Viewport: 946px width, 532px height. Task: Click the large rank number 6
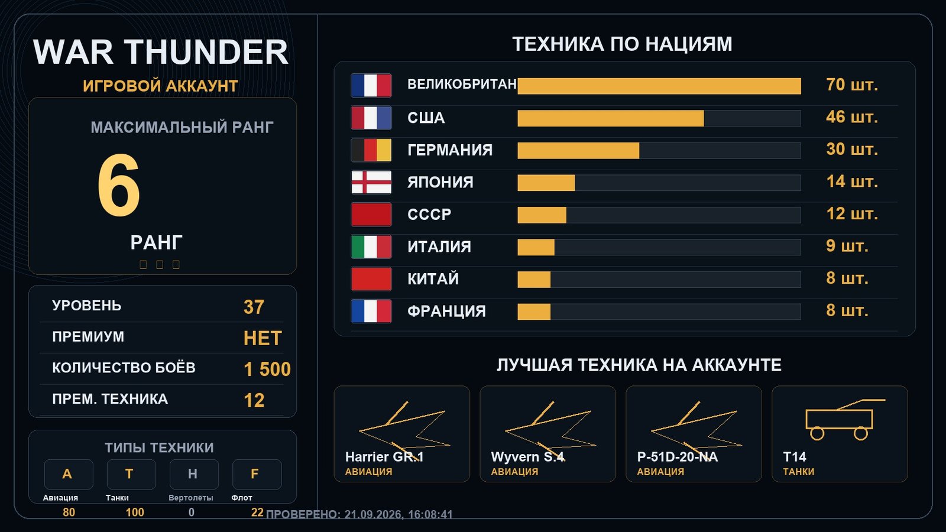coord(119,185)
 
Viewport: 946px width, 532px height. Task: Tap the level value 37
coord(254,307)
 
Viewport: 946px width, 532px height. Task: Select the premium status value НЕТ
coord(263,338)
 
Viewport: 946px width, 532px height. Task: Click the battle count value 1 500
coord(267,369)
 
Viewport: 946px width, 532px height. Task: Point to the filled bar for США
coord(611,118)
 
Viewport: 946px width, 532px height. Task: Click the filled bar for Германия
coord(578,151)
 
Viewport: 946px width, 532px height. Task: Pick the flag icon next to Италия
coord(371,247)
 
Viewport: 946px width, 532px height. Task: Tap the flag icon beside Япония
coord(371,183)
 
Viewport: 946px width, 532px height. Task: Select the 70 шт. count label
coord(852,85)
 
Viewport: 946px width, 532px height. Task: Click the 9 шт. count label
coord(847,246)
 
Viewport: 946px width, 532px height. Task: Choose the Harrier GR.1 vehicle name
coord(384,457)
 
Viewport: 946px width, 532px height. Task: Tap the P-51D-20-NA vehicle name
coord(678,457)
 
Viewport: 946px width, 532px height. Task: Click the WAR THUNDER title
coord(160,52)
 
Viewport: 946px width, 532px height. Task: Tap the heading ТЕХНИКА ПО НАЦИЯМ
coord(622,44)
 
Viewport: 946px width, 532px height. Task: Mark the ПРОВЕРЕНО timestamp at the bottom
coord(359,514)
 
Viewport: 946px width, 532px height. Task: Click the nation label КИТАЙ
coord(433,279)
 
